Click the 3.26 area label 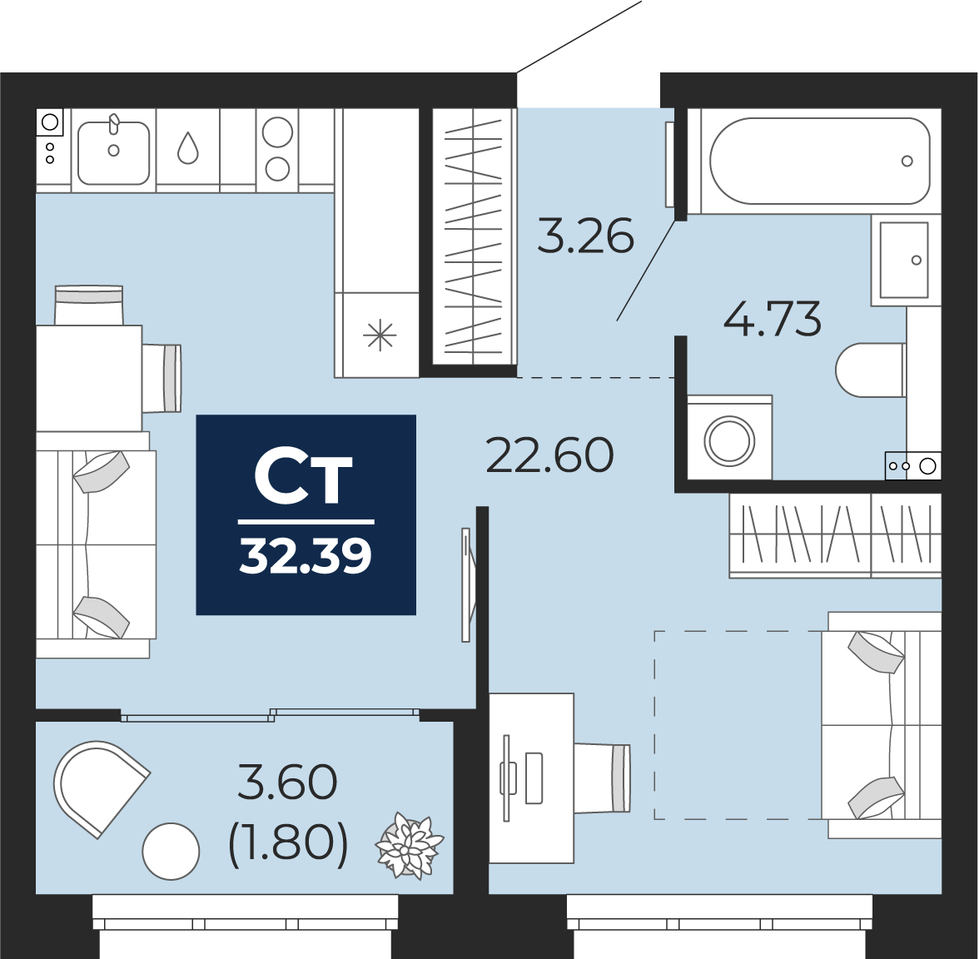586,236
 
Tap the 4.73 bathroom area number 772,318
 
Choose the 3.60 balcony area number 288,783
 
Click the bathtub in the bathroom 820,161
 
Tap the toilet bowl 871,370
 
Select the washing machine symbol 729,438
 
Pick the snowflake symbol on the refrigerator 380,336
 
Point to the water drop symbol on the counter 188,147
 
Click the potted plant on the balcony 409,847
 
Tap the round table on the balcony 171,852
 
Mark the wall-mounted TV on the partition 467,584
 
